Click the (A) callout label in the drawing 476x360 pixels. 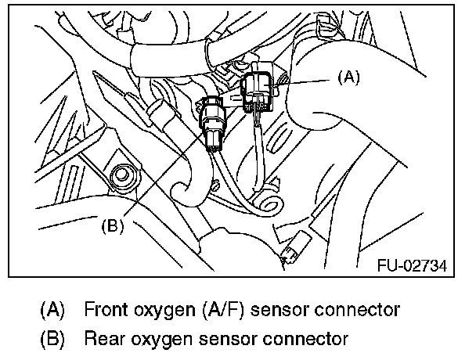[348, 77]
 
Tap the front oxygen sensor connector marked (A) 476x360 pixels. [258, 90]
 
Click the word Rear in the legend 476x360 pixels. [106, 339]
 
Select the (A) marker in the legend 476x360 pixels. [53, 309]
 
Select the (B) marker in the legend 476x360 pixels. [53, 339]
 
